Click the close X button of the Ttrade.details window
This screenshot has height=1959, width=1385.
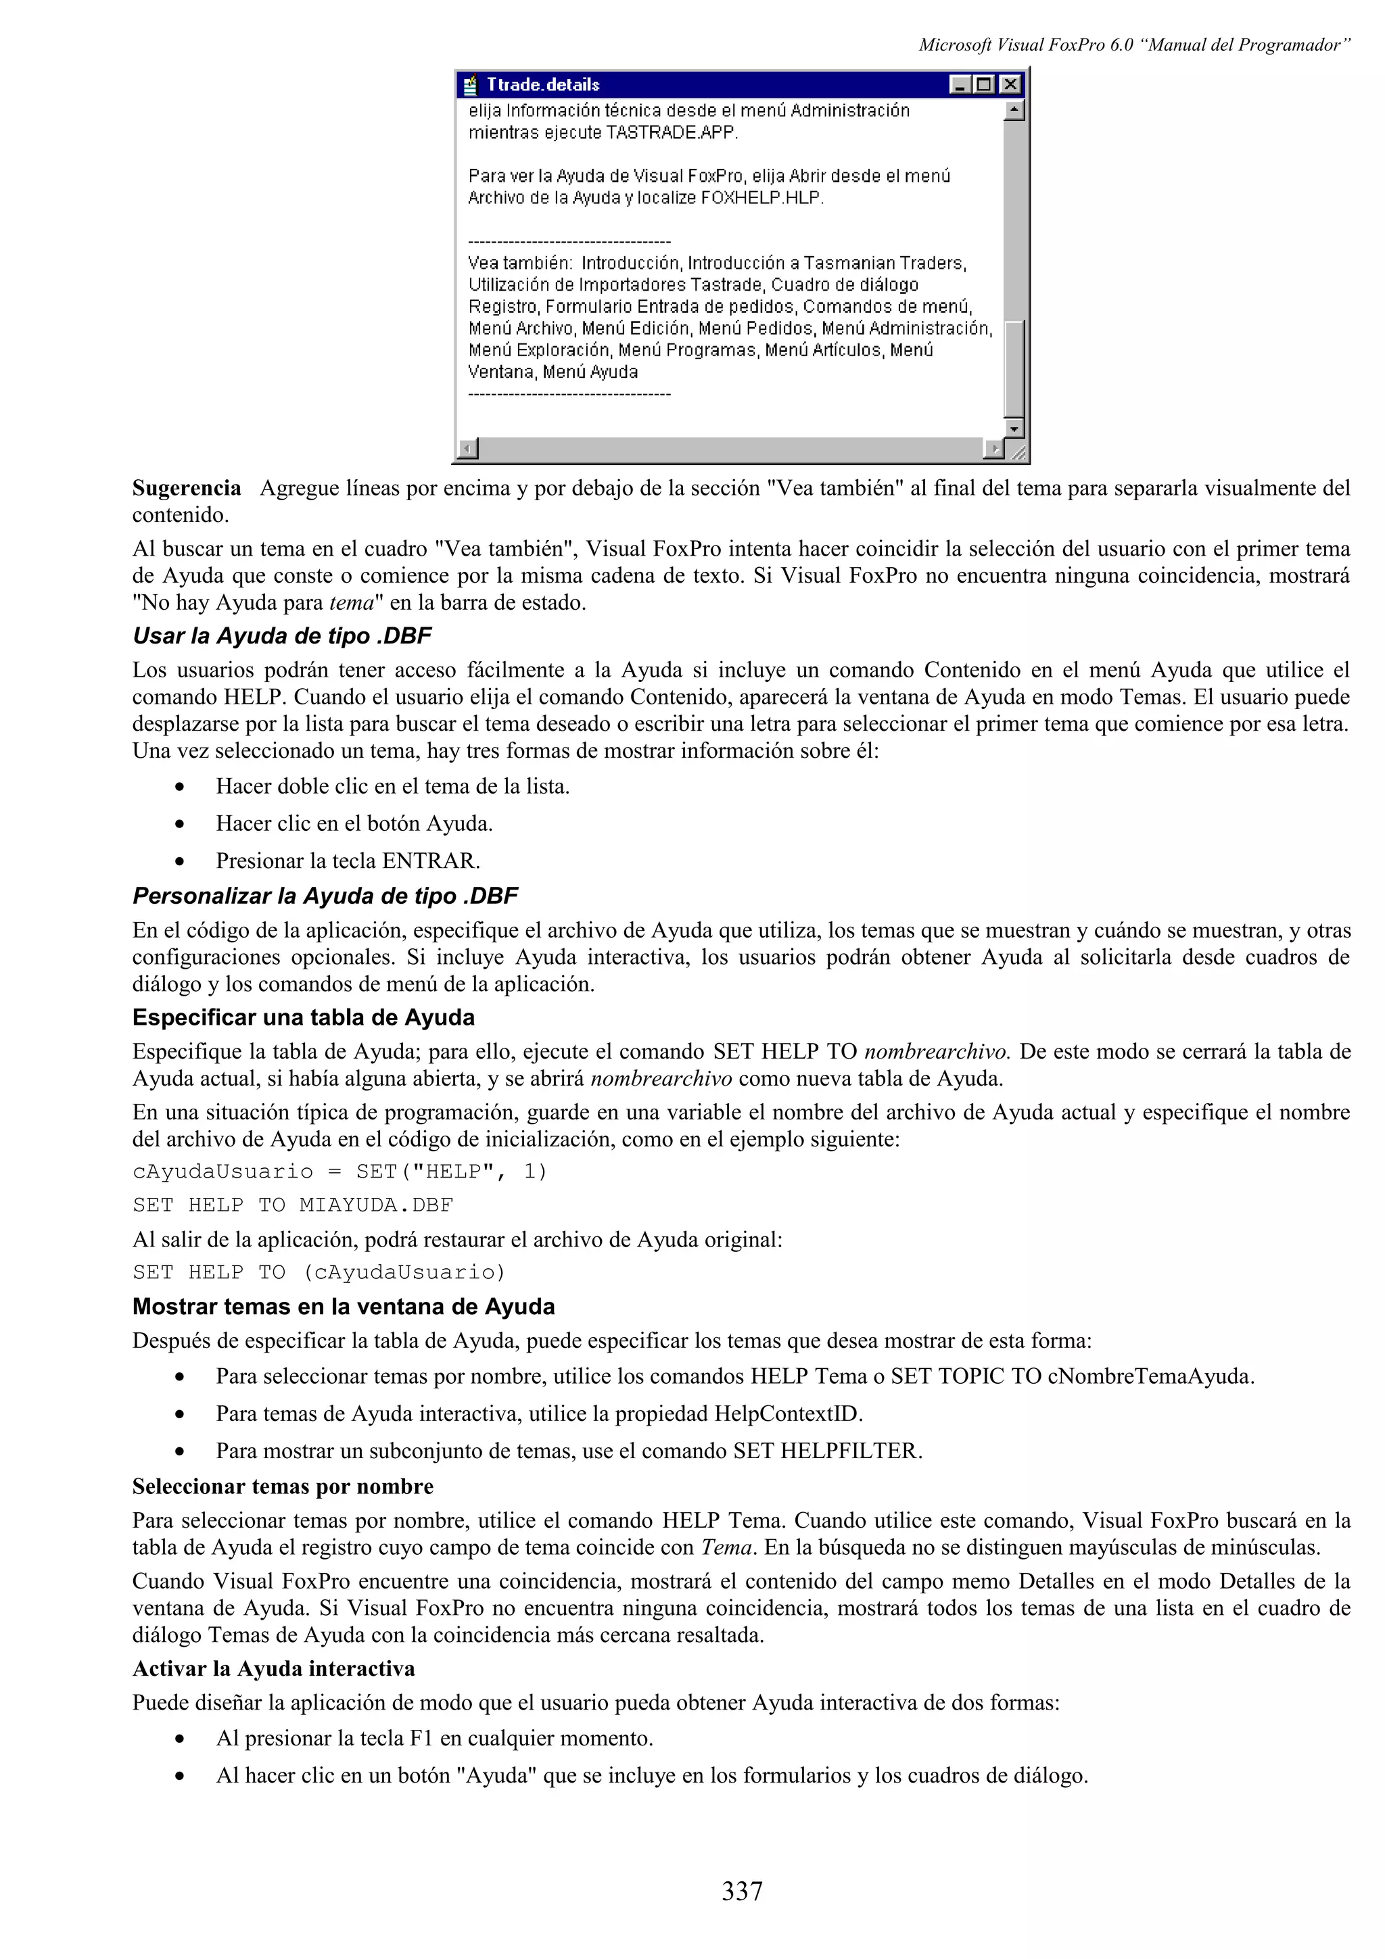1010,84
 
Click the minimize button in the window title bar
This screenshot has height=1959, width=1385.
960,84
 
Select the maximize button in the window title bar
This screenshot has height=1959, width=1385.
984,84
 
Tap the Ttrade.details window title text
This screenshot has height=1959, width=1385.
543,84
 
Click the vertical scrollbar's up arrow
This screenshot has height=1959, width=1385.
1014,110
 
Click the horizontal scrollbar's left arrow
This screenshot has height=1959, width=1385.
467,448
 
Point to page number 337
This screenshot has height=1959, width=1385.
742,1891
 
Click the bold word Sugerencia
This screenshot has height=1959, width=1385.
186,488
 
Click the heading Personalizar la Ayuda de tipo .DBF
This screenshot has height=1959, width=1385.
325,896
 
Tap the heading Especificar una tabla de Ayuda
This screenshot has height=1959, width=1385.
303,1017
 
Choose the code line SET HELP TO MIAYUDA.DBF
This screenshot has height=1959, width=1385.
293,1205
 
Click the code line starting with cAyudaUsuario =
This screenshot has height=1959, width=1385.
339,1171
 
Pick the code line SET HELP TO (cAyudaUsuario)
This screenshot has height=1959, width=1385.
319,1272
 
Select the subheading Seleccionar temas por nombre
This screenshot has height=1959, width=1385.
283,1486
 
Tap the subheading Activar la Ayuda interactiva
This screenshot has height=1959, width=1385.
273,1668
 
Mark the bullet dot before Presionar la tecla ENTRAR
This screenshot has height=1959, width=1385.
179,862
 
